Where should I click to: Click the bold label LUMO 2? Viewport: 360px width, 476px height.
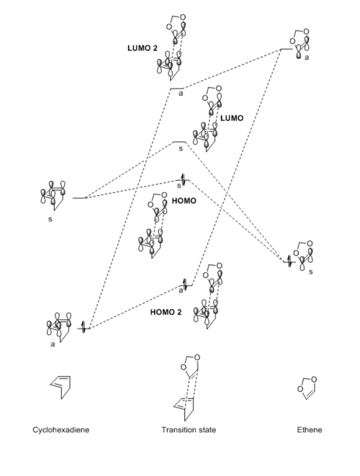click(x=143, y=48)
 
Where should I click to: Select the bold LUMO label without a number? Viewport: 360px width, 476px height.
click(x=232, y=118)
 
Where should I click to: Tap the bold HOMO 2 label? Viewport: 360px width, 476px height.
click(x=166, y=312)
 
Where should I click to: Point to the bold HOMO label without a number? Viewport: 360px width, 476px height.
click(x=184, y=201)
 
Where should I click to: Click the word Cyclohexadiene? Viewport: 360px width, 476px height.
click(x=61, y=430)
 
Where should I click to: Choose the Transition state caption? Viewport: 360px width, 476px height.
click(x=189, y=430)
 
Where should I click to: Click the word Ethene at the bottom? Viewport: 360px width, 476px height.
click(x=310, y=430)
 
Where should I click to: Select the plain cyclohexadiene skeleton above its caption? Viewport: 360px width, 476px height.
click(x=60, y=387)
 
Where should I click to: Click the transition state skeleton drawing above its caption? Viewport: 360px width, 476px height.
click(x=186, y=387)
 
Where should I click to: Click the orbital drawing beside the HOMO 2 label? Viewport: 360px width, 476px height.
click(x=208, y=296)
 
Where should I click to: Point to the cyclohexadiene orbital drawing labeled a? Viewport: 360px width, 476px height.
click(x=60, y=327)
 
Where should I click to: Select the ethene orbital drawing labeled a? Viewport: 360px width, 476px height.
click(x=300, y=44)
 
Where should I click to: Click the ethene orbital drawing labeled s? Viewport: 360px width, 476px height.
click(x=303, y=256)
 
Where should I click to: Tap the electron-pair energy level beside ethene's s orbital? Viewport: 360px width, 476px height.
click(x=289, y=261)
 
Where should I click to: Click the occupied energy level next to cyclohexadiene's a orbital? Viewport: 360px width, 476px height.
click(x=84, y=328)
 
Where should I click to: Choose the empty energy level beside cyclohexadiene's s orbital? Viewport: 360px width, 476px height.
click(x=79, y=198)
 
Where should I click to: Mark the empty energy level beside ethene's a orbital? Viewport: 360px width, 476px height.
click(x=287, y=48)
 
